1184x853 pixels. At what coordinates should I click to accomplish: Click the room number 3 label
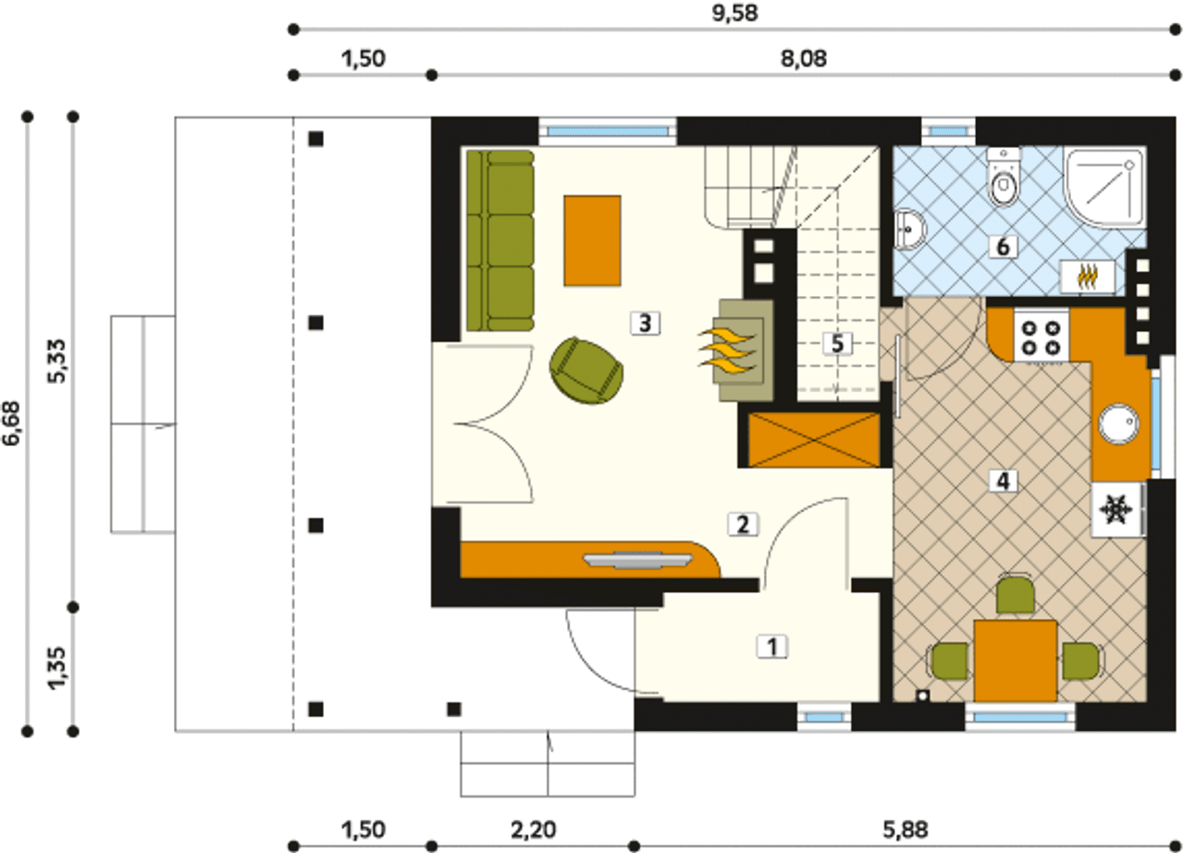click(645, 323)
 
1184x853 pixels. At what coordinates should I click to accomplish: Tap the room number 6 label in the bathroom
click(1003, 247)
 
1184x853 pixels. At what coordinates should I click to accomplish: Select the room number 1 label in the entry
click(772, 647)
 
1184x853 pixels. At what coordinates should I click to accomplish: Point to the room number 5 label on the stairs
click(837, 344)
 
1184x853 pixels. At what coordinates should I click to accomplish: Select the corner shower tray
click(1104, 188)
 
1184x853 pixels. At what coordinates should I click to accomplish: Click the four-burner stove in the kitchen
click(1041, 337)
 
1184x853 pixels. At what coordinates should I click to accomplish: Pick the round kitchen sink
click(1118, 424)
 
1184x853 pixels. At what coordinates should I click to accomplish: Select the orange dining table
click(1016, 661)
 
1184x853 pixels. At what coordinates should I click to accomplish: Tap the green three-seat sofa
click(500, 241)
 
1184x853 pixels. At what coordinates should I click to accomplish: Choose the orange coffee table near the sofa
click(592, 241)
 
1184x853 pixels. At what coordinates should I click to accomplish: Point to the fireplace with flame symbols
click(736, 350)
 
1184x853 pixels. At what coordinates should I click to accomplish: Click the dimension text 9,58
click(734, 13)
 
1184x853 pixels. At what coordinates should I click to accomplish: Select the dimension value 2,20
click(534, 830)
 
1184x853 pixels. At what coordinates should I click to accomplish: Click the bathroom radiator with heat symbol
click(1088, 276)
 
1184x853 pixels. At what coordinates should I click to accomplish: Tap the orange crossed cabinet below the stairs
click(815, 440)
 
